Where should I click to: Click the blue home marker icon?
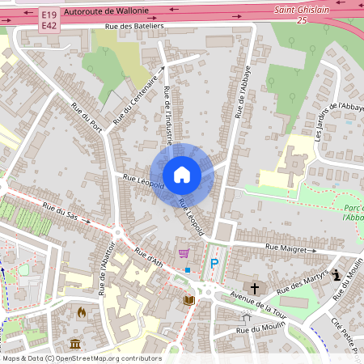point(182,174)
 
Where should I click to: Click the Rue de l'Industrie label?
point(167,115)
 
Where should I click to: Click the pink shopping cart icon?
point(184,252)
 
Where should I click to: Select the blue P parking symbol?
point(214,263)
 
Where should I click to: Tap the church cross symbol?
point(255,287)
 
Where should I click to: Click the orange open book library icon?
point(189,300)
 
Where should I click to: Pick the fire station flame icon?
point(81,311)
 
